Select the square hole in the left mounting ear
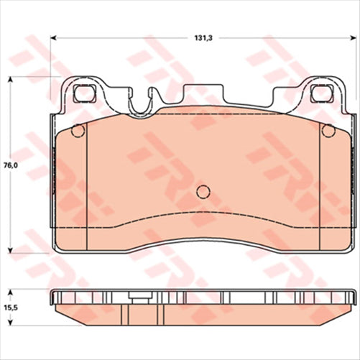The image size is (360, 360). coord(86,93)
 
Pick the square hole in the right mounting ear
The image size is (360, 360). coord(319,93)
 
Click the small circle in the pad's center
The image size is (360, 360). coord(203,191)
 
